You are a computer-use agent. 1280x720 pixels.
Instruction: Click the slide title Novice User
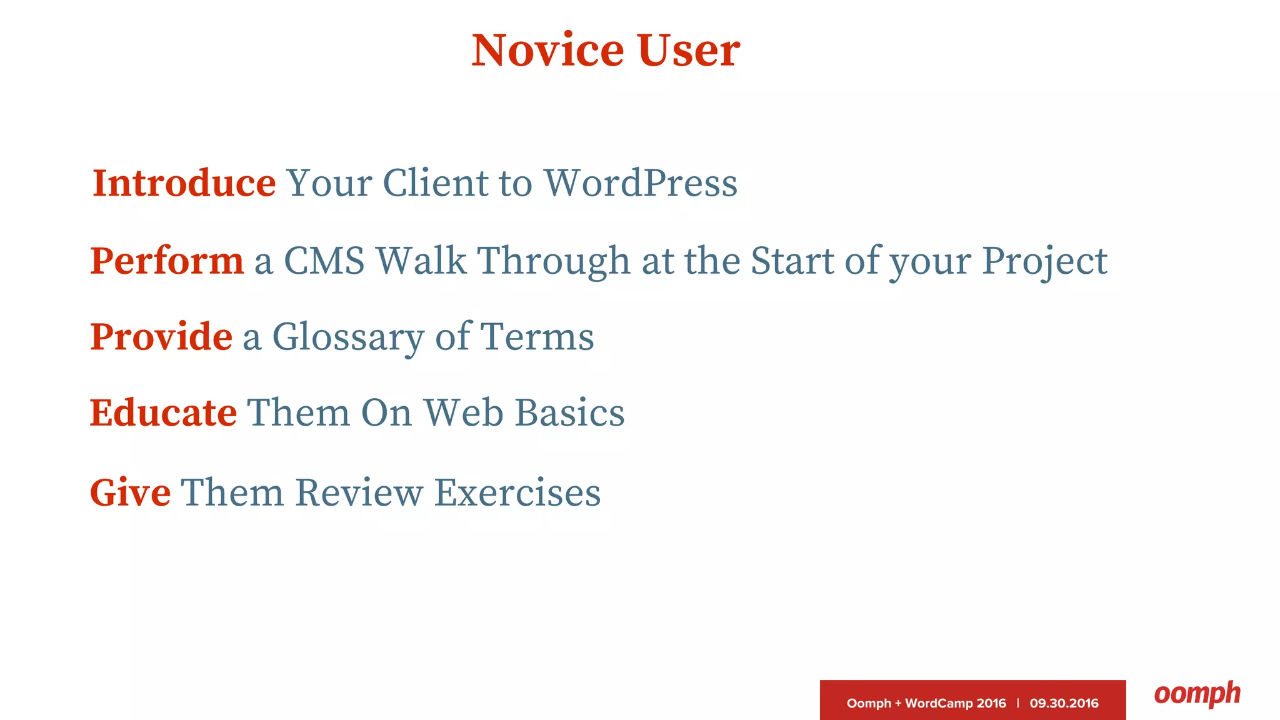(606, 50)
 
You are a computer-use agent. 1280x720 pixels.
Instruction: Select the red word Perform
(167, 261)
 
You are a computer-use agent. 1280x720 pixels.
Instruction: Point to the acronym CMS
(324, 261)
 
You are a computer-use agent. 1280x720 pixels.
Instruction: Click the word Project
(1044, 262)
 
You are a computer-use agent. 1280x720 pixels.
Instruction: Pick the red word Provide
(161, 337)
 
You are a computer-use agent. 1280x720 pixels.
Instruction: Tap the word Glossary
(348, 338)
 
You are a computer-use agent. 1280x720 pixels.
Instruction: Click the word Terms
(537, 337)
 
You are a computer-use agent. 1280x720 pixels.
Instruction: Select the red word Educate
(163, 413)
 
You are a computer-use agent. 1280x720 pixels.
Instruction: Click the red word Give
(130, 492)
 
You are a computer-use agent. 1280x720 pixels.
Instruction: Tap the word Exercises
(517, 492)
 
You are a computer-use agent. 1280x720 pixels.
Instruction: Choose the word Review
(359, 492)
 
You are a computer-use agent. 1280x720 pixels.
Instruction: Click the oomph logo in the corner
(1197, 694)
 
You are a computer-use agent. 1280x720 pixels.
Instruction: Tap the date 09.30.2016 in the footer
(1064, 703)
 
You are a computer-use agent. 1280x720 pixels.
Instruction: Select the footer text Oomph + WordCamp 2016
(926, 703)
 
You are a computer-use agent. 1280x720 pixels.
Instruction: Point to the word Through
(554, 262)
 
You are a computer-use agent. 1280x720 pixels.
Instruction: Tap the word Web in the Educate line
(463, 413)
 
